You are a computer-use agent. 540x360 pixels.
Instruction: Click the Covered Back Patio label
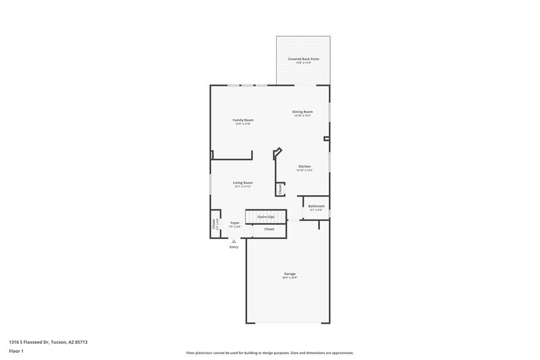303,59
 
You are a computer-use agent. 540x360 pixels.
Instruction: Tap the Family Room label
243,120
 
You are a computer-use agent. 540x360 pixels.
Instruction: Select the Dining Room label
302,111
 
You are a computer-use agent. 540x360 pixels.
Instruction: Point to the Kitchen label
304,166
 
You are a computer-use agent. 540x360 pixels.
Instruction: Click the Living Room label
243,182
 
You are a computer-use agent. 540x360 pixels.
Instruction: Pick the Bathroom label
317,205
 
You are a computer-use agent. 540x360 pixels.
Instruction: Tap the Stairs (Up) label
266,217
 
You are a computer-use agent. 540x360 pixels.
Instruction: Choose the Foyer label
235,222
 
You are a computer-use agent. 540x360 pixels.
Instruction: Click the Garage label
290,274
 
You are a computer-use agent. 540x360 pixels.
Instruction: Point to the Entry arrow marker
234,241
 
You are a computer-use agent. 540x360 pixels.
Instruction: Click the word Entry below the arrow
234,247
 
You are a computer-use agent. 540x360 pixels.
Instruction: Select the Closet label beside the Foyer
214,224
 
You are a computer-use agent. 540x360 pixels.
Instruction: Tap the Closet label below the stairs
269,229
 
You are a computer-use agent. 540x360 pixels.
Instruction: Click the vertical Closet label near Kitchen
279,188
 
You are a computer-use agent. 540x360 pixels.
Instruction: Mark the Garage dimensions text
290,278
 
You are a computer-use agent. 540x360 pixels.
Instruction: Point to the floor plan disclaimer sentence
269,353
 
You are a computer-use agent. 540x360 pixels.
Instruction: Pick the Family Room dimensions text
243,124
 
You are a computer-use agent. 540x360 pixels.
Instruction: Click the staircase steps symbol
251,217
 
